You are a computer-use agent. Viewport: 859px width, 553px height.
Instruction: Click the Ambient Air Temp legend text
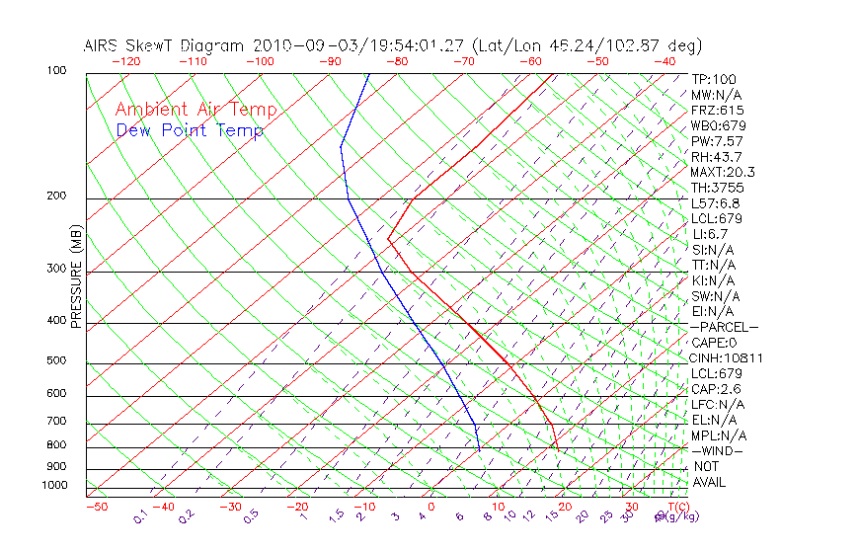coord(195,110)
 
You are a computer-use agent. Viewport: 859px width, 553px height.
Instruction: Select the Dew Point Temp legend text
coord(190,130)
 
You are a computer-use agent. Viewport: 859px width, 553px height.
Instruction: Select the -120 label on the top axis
coord(125,61)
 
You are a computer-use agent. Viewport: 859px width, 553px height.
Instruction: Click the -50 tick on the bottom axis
coord(96,507)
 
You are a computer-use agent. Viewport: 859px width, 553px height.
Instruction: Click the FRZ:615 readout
coord(718,110)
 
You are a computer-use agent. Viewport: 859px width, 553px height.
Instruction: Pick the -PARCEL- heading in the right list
coord(724,327)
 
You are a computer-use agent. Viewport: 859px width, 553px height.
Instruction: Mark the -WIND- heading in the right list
coord(718,450)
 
